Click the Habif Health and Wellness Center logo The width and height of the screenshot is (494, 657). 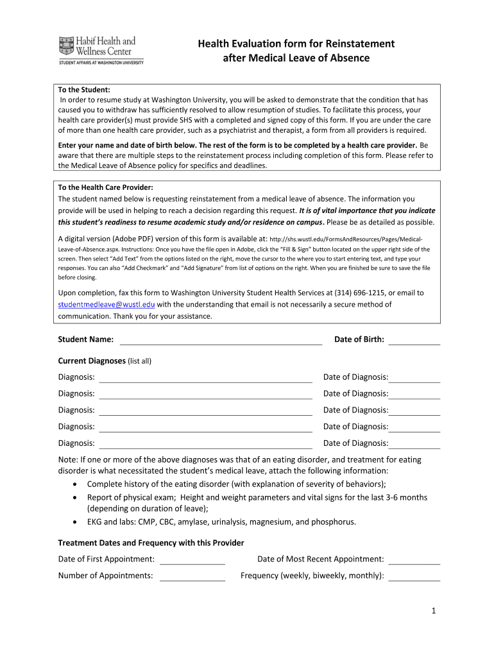(x=100, y=49)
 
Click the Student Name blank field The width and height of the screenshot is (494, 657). (x=221, y=340)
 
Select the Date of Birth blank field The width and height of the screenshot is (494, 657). (x=414, y=340)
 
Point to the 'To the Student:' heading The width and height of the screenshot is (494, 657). (x=84, y=90)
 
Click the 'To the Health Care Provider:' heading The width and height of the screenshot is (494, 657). (x=105, y=187)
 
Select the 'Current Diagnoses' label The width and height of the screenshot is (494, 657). (x=92, y=361)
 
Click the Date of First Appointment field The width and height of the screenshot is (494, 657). (x=192, y=559)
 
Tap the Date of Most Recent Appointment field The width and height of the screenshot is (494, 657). (x=414, y=559)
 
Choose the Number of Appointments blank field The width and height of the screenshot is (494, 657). (x=192, y=576)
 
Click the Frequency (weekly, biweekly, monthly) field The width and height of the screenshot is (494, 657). (x=414, y=576)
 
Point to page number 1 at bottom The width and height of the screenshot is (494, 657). (x=434, y=611)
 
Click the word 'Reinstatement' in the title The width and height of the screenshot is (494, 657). (x=361, y=44)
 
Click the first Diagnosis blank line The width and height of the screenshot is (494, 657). (x=205, y=377)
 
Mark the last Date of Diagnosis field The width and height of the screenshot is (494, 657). (x=414, y=443)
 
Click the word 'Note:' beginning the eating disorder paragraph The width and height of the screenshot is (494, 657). (x=68, y=459)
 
